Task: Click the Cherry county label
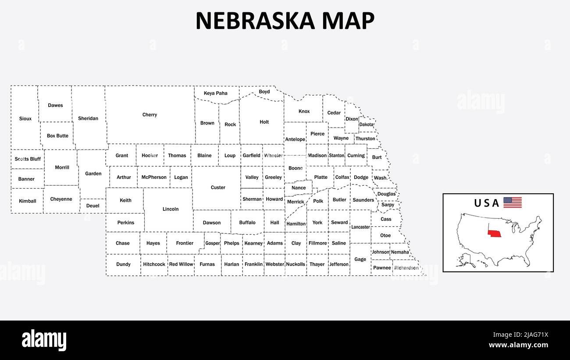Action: click(150, 115)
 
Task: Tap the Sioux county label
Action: click(25, 118)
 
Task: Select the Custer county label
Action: click(218, 188)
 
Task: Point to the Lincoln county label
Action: click(171, 209)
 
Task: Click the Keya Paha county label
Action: click(216, 93)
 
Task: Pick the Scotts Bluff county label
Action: click(28, 159)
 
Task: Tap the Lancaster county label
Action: click(360, 227)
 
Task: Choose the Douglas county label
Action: click(386, 194)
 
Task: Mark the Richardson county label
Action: click(406, 268)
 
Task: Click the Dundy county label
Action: click(124, 264)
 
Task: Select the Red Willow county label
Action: click(181, 264)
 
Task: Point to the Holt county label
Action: click(264, 122)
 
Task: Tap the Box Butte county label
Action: click(57, 136)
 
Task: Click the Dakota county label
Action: click(367, 125)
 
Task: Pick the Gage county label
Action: click(360, 259)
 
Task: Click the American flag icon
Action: click(512, 203)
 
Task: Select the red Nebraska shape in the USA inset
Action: click(495, 232)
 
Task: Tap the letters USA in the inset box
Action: click(486, 203)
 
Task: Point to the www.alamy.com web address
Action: click(518, 345)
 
